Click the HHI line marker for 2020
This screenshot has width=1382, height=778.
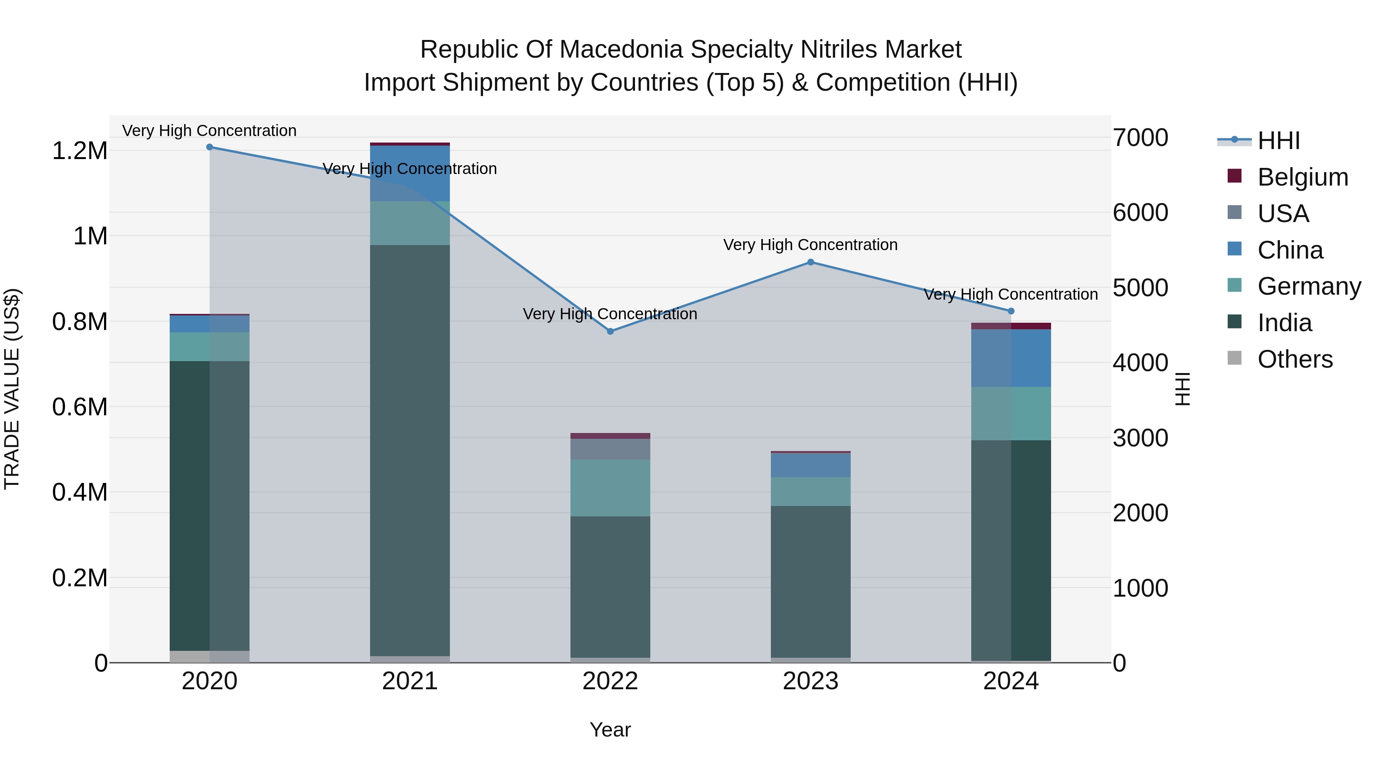[x=210, y=147]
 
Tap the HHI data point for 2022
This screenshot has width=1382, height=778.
[x=610, y=331]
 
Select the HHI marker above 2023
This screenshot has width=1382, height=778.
[x=811, y=262]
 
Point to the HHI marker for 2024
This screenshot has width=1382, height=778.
[x=1011, y=311]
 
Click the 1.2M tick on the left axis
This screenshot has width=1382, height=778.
[x=80, y=151]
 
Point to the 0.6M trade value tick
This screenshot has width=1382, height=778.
[x=80, y=407]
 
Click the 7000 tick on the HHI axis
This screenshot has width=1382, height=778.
[x=1141, y=138]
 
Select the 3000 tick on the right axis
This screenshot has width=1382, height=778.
[x=1141, y=438]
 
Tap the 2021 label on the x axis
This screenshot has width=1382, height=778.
[x=410, y=681]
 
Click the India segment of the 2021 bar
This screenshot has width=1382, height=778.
[x=410, y=451]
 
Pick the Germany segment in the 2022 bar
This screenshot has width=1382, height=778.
[x=610, y=488]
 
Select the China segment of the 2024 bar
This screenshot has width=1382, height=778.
[x=1011, y=358]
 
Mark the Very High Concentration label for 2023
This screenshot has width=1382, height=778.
[x=811, y=245]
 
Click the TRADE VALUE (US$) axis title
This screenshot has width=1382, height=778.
[x=12, y=389]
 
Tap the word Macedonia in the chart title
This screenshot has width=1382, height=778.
[x=622, y=50]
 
